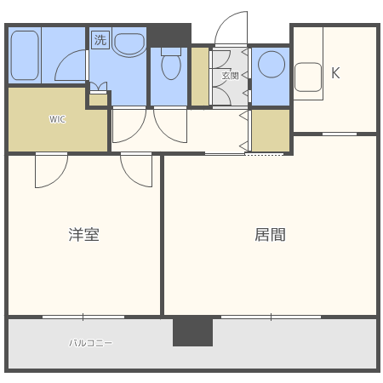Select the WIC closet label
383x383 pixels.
tap(57, 119)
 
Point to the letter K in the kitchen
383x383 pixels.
tap(335, 73)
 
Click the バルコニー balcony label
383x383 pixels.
tap(91, 343)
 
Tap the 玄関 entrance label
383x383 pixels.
tap(231, 76)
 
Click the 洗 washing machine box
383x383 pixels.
tap(100, 39)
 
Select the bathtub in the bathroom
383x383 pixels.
tap(24, 55)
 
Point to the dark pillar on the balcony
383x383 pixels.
tap(192, 331)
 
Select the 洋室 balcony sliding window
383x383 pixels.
tap(83, 317)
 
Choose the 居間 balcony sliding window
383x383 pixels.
tap(271, 317)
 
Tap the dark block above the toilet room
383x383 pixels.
tap(169, 35)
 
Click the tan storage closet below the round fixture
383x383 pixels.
tap(271, 129)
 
